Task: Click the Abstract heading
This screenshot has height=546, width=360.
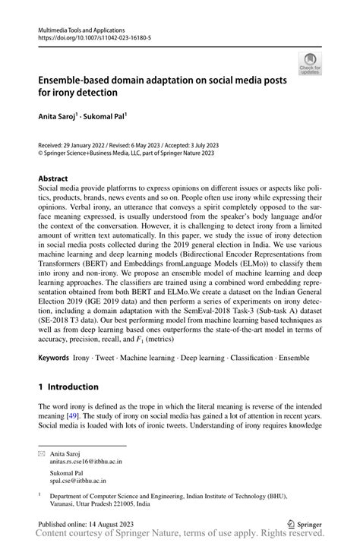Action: click(x=53, y=178)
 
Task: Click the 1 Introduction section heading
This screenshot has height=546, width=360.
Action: click(x=73, y=386)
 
